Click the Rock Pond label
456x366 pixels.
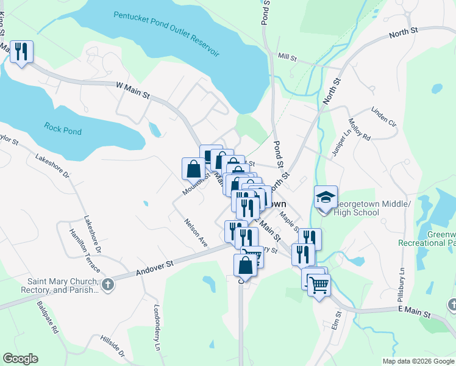point(63,129)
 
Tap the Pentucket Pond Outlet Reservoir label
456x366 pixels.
point(166,34)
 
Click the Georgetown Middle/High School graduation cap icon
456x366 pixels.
point(326,197)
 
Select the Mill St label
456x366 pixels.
point(287,58)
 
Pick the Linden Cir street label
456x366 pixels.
point(383,117)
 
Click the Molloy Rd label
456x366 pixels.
point(359,130)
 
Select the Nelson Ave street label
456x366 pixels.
point(196,231)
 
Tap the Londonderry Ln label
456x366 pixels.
point(157,318)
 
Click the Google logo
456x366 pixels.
point(20,359)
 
